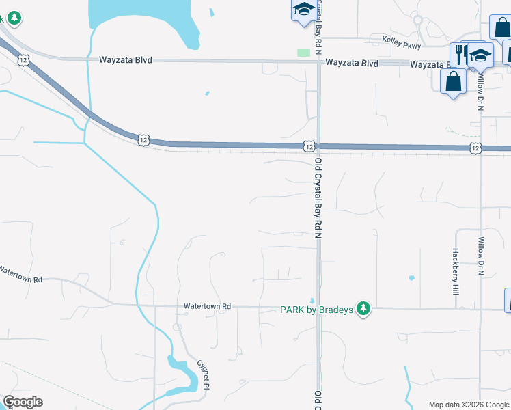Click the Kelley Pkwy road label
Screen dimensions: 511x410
tap(402, 41)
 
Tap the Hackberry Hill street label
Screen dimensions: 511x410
tap(455, 271)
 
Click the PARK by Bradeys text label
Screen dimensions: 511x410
tap(317, 310)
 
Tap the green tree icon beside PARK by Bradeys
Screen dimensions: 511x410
tap(365, 309)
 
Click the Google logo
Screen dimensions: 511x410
tap(23, 402)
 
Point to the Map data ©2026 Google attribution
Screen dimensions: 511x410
tap(468, 405)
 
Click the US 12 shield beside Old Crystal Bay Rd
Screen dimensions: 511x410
tap(309, 146)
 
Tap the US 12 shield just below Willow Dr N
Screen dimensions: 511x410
tap(475, 148)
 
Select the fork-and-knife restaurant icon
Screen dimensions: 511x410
tap(461, 54)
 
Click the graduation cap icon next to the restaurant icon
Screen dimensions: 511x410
tap(480, 55)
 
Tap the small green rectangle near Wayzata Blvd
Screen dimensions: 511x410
tap(303, 53)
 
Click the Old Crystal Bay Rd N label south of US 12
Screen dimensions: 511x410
tap(318, 199)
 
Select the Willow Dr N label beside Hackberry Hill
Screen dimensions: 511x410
tap(481, 256)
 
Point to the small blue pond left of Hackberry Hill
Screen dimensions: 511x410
tap(411, 278)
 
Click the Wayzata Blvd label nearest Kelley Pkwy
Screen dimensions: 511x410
tap(352, 63)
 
